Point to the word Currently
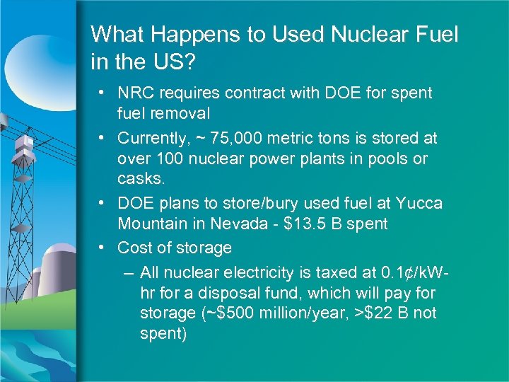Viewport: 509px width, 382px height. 150,137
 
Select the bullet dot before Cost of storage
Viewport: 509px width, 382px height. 103,248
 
